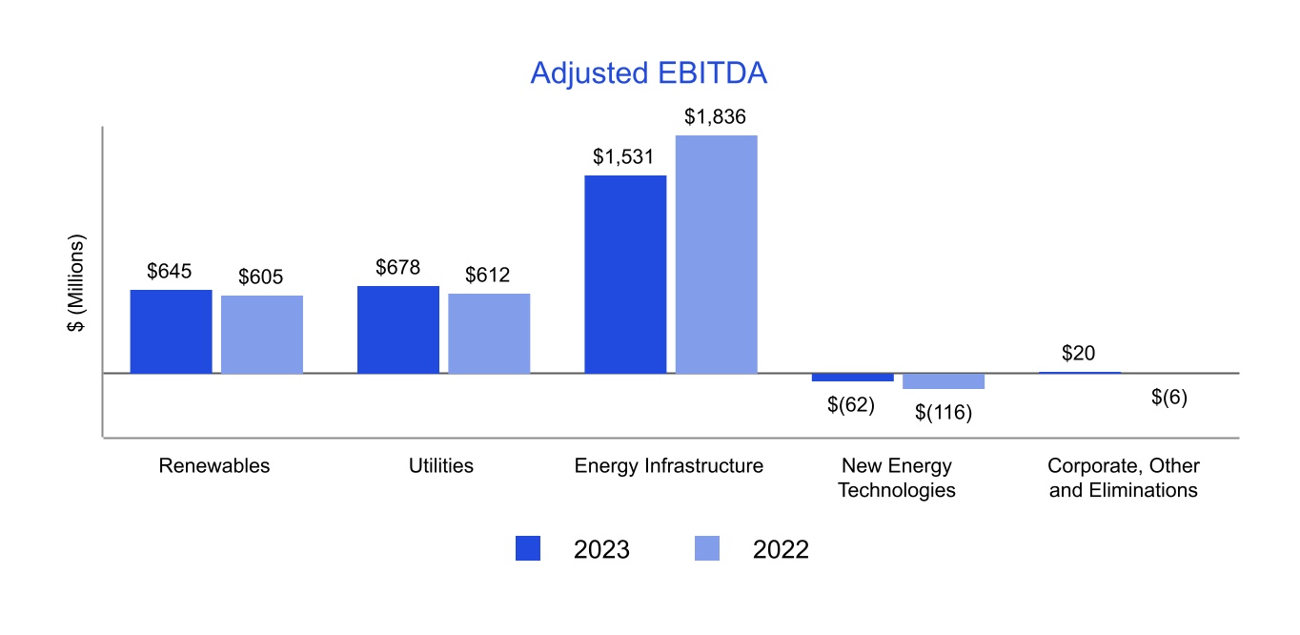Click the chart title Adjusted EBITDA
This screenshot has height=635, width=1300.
pos(648,73)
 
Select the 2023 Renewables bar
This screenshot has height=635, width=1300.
pos(172,331)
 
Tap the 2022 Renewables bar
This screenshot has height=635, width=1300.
pos(262,334)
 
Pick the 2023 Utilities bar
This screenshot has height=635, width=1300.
pos(398,329)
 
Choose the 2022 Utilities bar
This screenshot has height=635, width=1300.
pos(489,333)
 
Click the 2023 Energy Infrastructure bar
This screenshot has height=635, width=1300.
pos(625,274)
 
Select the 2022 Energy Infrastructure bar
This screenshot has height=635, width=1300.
pos(717,254)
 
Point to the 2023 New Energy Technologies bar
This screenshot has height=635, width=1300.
pos(852,378)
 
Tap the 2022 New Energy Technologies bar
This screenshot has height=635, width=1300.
pos(944,381)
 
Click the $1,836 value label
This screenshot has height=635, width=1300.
pos(715,117)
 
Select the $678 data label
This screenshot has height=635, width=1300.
pos(398,268)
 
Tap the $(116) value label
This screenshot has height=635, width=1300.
pos(943,413)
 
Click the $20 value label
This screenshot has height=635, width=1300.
pos(1078,353)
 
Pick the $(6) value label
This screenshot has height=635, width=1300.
pos(1169,398)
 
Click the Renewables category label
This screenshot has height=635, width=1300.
pos(214,466)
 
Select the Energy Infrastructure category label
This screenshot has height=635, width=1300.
pos(669,466)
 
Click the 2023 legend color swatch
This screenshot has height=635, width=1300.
pos(528,548)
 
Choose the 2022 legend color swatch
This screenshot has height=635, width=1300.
pos(707,548)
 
